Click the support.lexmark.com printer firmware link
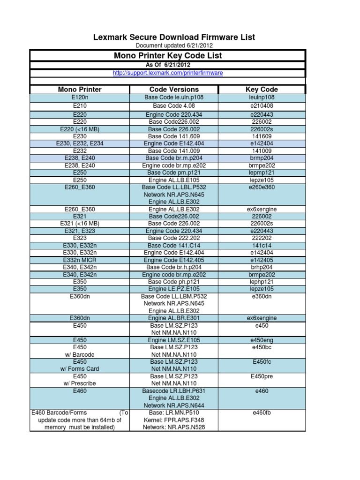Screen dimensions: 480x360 pyautogui.click(x=168, y=73)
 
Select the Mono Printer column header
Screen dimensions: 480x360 pyautogui.click(x=80, y=89)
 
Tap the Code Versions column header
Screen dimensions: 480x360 pyautogui.click(x=174, y=89)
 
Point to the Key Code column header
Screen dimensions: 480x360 pyautogui.click(x=262, y=89)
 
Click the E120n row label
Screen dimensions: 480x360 pyautogui.click(x=80, y=97)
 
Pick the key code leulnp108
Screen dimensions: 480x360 pyautogui.click(x=262, y=97)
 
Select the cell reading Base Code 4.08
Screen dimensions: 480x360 pyautogui.click(x=174, y=106)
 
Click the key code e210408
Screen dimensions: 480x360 pyautogui.click(x=262, y=106)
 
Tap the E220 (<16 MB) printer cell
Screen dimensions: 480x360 pyautogui.click(x=80, y=129)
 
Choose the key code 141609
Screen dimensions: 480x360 pyautogui.click(x=262, y=136)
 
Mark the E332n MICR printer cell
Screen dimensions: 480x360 pyautogui.click(x=80, y=260)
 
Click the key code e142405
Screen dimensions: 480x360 pyautogui.click(x=262, y=260)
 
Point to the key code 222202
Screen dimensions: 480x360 pyautogui.click(x=262, y=238)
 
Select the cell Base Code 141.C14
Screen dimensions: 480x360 pyautogui.click(x=174, y=245)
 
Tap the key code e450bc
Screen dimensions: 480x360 pyautogui.click(x=262, y=347)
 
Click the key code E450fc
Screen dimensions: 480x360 pyautogui.click(x=262, y=362)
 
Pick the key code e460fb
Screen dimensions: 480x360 pyautogui.click(x=262, y=412)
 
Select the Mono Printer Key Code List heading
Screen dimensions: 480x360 pyautogui.click(x=168, y=56)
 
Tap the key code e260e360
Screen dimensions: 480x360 pyautogui.click(x=262, y=187)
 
